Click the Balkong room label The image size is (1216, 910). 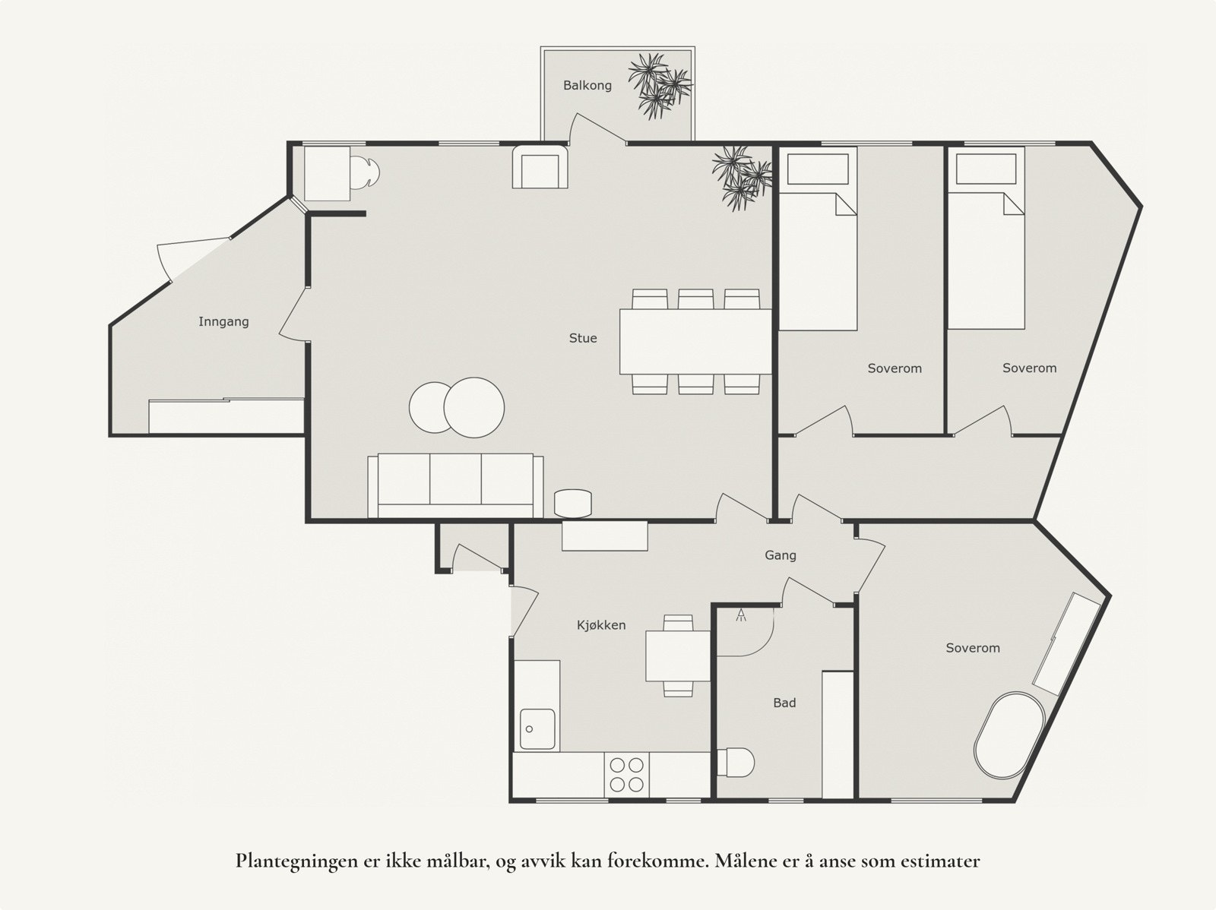(x=587, y=86)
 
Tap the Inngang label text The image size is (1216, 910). (x=223, y=321)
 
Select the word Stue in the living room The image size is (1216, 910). (x=583, y=338)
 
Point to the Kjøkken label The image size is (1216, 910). (x=601, y=625)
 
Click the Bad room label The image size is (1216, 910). (x=784, y=703)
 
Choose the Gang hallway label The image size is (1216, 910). (x=781, y=555)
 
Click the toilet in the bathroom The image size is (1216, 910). (x=736, y=762)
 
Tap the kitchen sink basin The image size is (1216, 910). (x=537, y=729)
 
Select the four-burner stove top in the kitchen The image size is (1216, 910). (x=626, y=775)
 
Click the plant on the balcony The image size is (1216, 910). (x=659, y=86)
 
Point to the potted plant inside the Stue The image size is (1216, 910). (x=742, y=178)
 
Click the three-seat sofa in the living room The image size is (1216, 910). (x=455, y=486)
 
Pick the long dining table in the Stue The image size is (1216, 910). (x=695, y=342)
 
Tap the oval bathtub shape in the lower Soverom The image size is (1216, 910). (x=1009, y=735)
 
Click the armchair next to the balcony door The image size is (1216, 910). (x=540, y=166)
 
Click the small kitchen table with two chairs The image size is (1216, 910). (x=678, y=656)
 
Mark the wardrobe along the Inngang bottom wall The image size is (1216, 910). (x=226, y=416)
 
